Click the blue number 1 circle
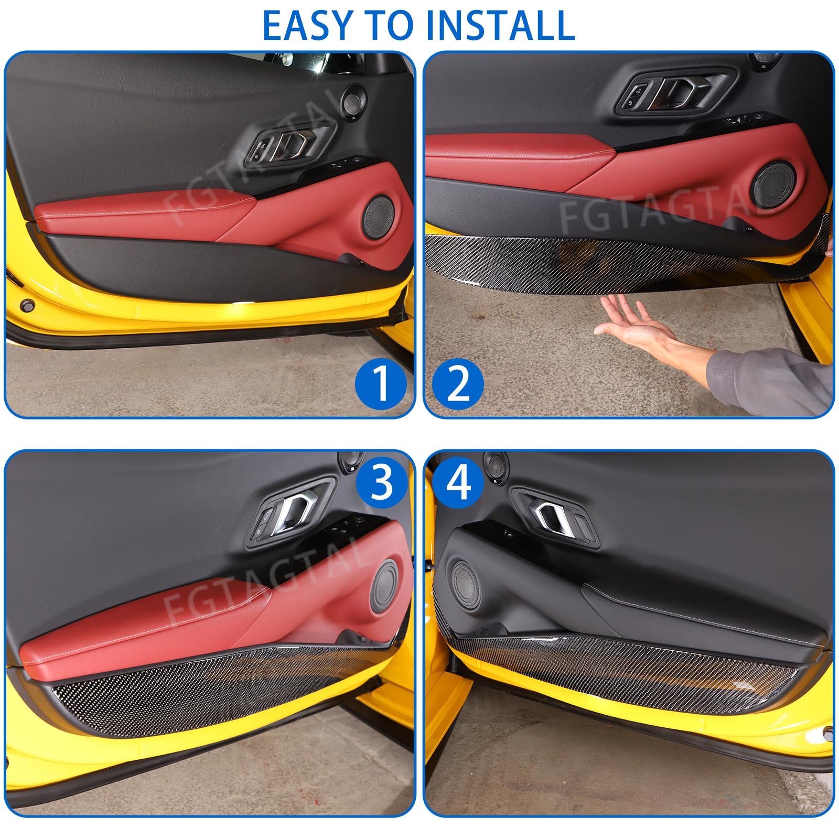[381, 384]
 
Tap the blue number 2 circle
[458, 384]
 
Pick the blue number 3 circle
[382, 482]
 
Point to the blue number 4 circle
[459, 482]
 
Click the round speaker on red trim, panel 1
[379, 218]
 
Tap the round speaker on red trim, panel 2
[773, 184]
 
